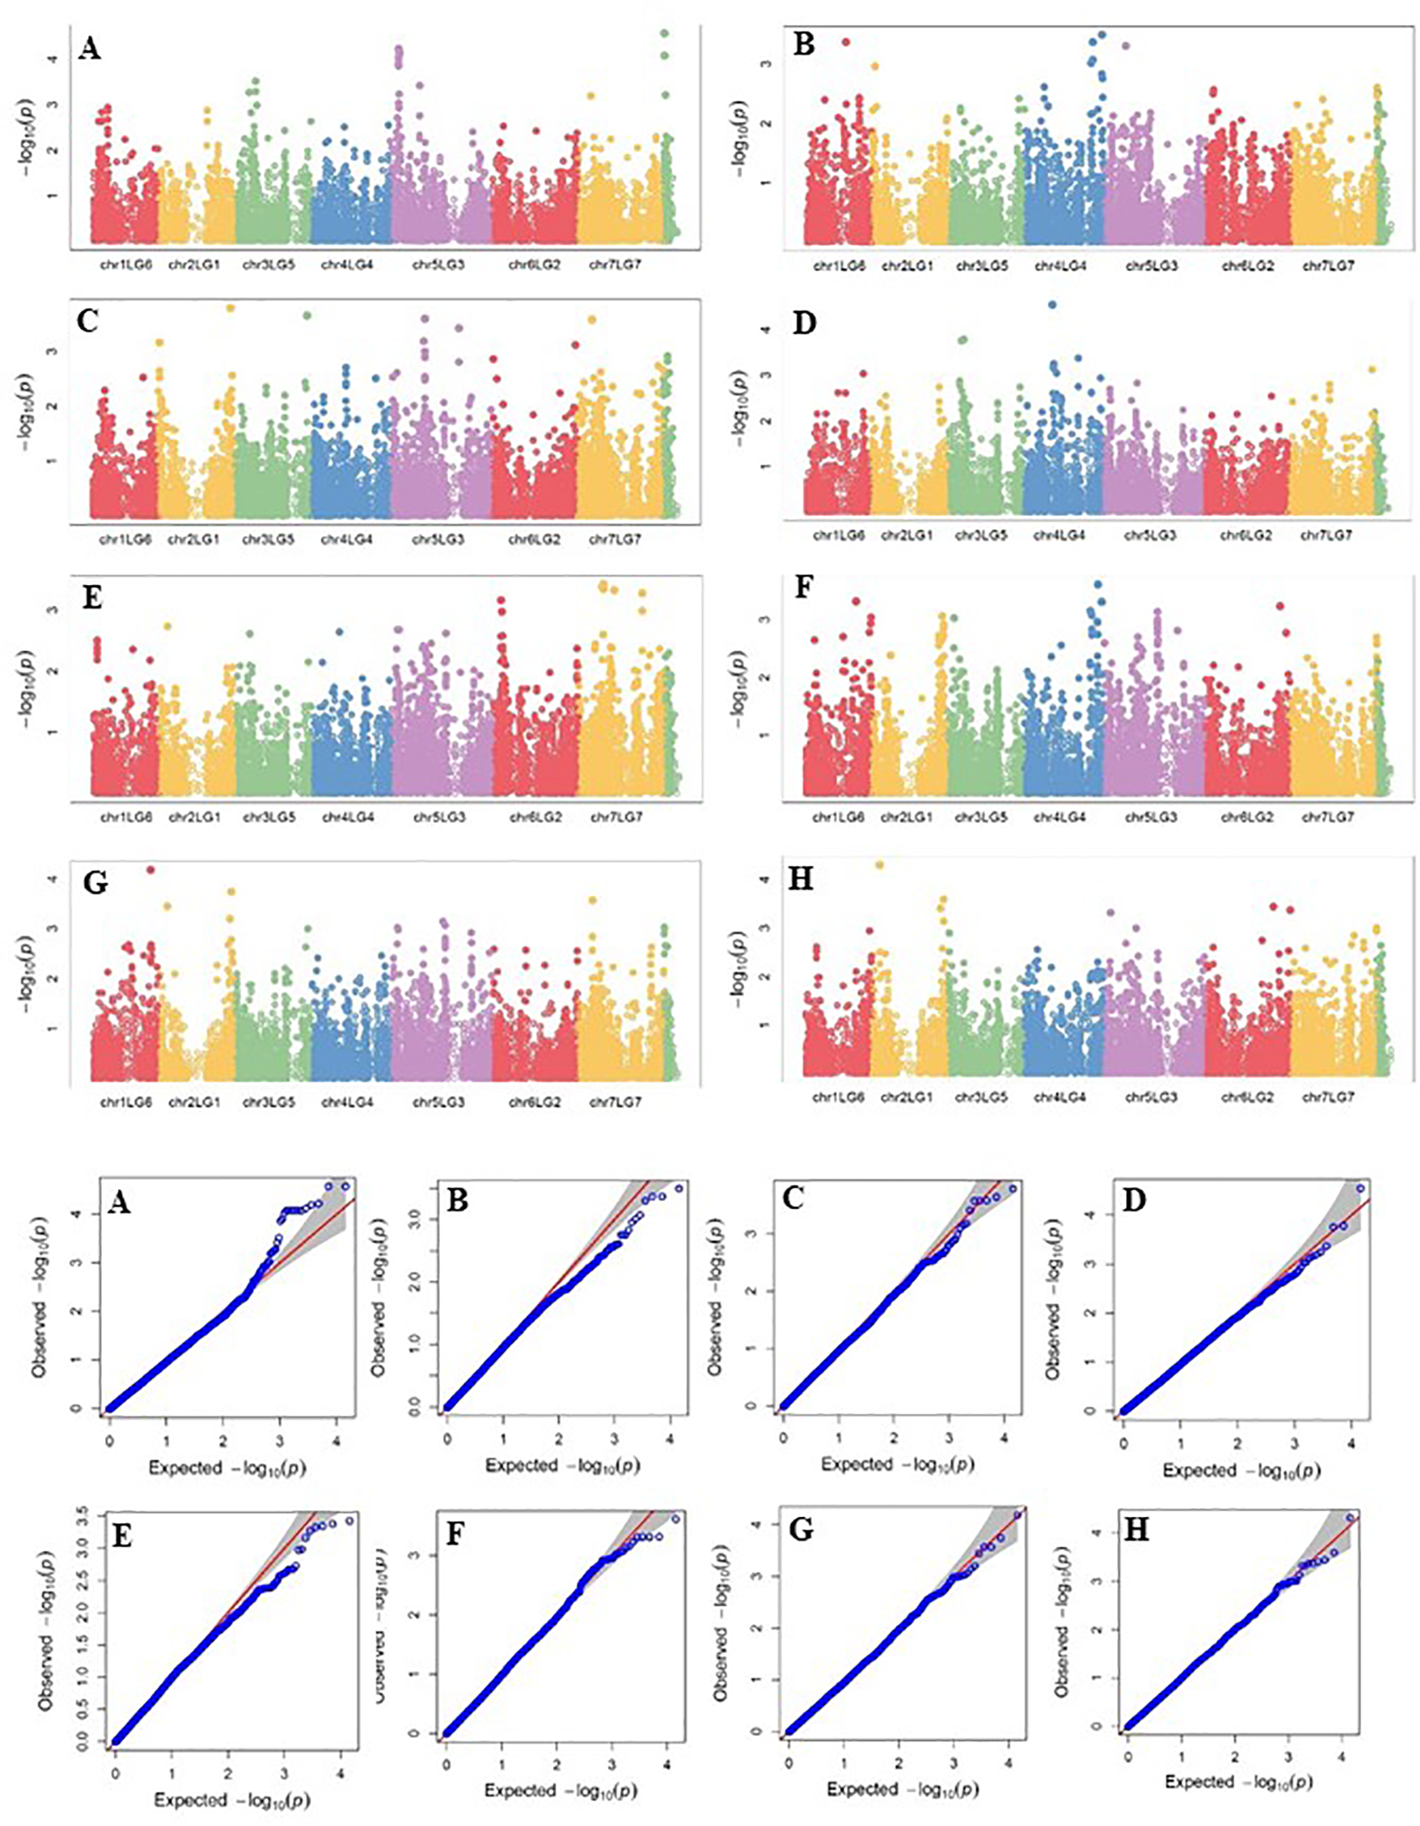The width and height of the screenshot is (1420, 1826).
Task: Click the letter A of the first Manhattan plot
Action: [89, 48]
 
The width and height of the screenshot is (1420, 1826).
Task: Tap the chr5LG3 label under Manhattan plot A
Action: [438, 265]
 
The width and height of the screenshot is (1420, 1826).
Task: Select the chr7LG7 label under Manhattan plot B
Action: [1327, 265]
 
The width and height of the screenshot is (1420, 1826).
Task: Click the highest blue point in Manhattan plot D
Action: [1052, 305]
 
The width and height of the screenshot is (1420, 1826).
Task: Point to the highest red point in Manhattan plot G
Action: [151, 869]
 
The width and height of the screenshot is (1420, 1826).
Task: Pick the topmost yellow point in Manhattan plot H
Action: [880, 864]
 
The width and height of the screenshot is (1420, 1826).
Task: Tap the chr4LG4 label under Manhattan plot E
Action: [348, 817]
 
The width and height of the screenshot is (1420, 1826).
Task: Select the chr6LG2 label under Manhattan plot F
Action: [1247, 817]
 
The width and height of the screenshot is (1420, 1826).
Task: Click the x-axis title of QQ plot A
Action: [227, 1468]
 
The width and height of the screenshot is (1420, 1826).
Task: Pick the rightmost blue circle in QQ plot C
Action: [1011, 1188]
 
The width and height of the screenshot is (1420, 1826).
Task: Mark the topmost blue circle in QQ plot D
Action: [1359, 1188]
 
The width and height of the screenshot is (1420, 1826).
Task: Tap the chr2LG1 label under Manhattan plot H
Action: [906, 1097]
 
